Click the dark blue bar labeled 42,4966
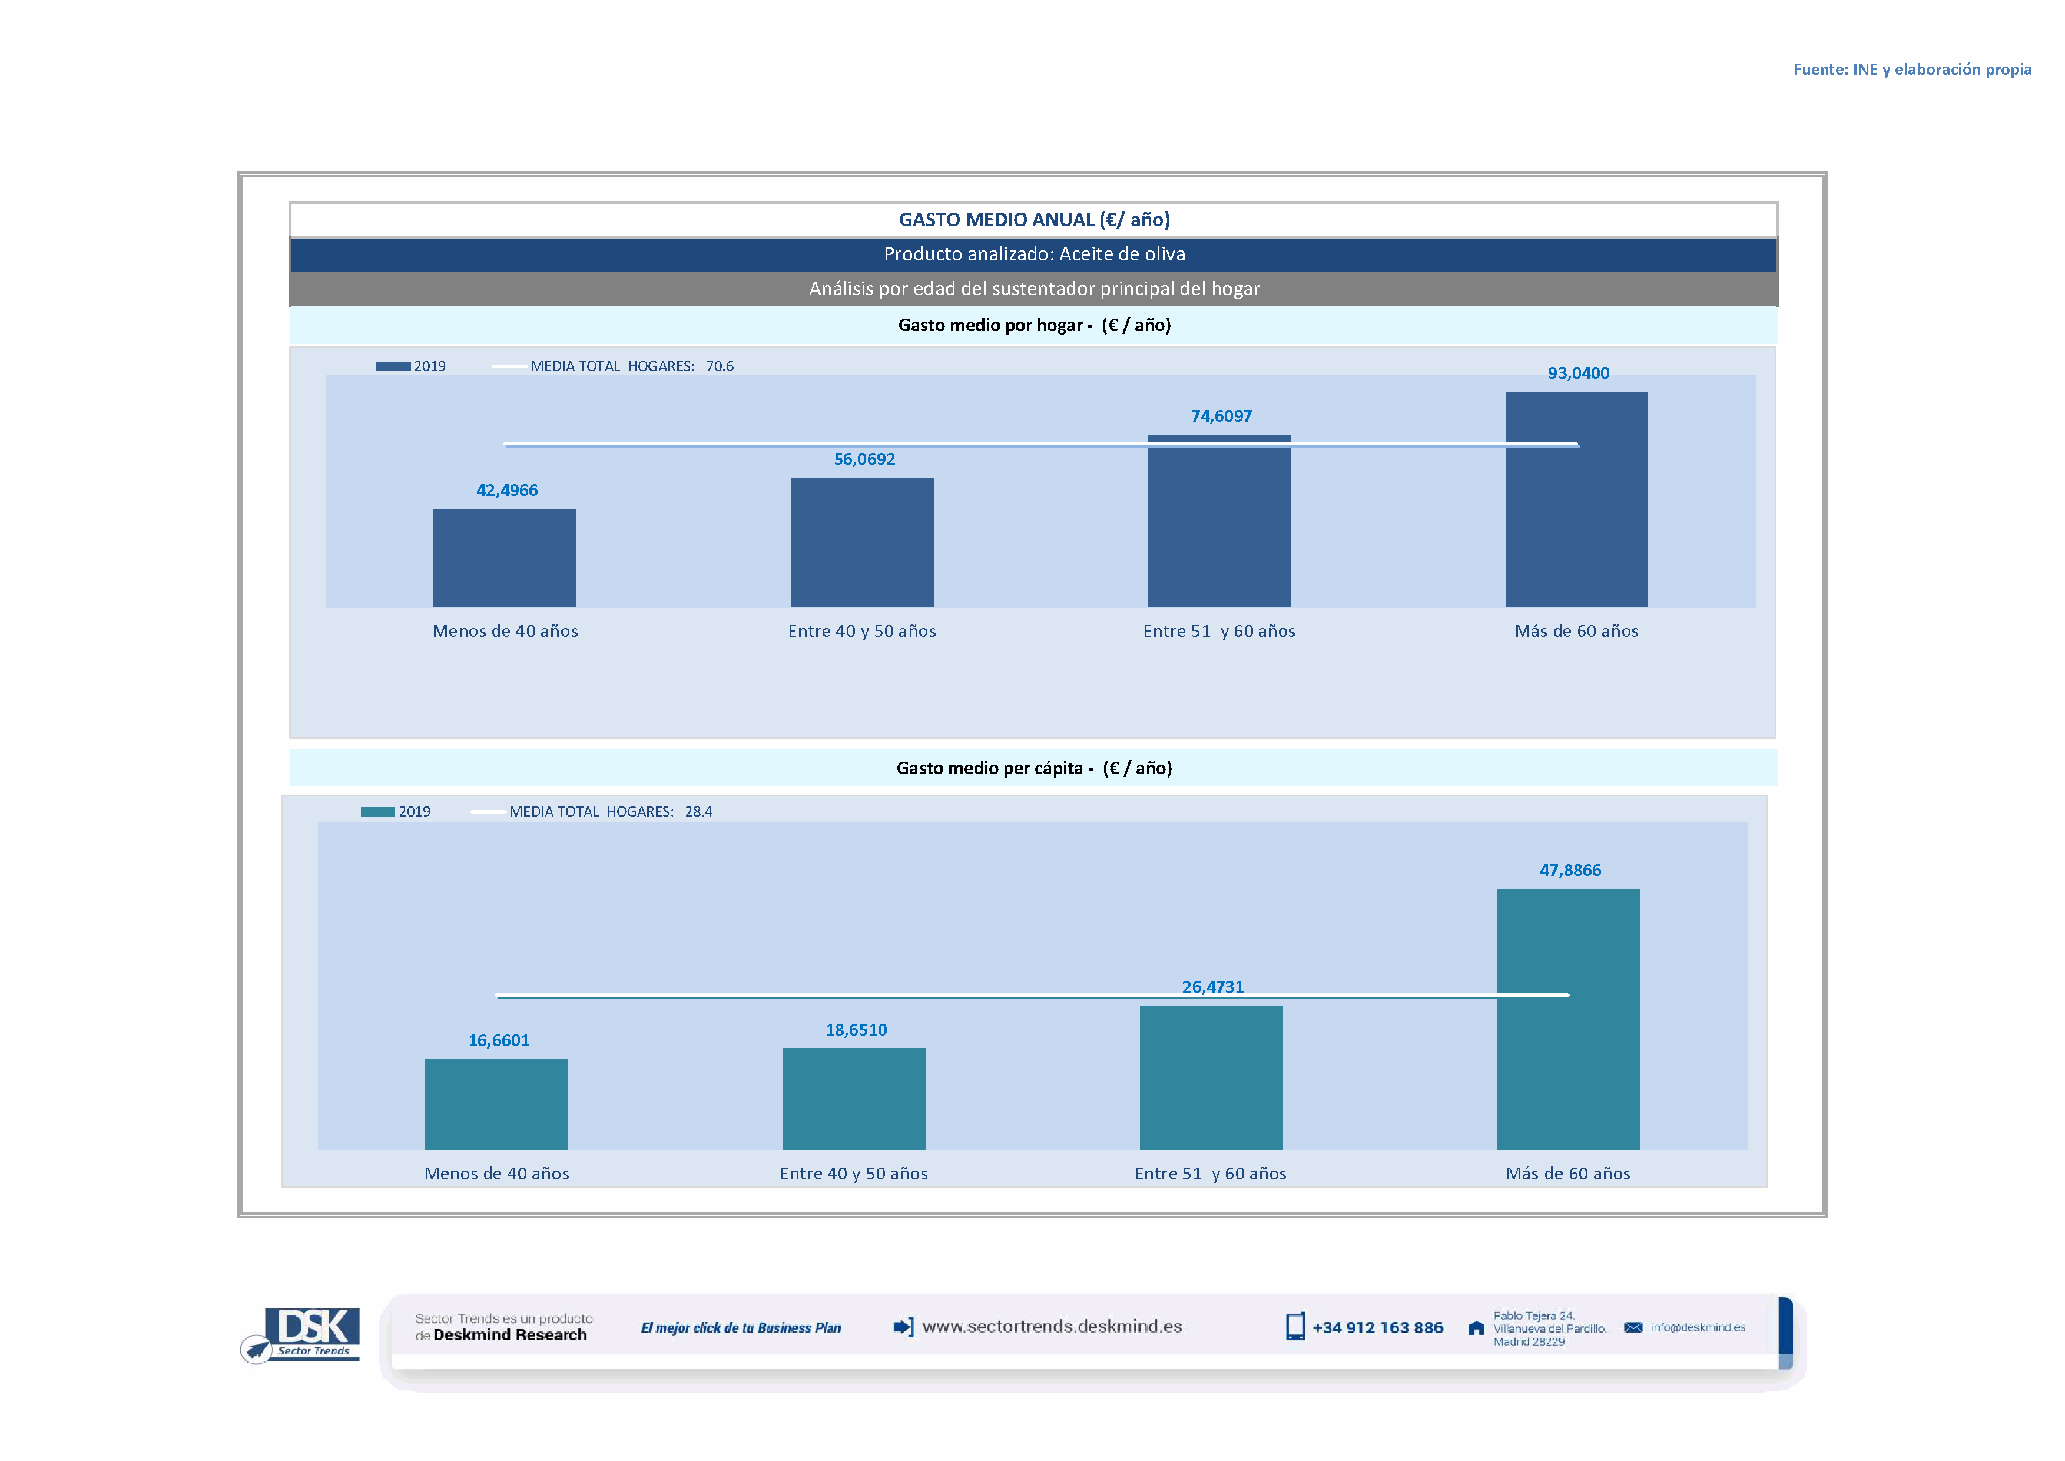(x=505, y=558)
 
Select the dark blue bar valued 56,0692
(x=861, y=543)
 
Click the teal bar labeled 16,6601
(x=496, y=1104)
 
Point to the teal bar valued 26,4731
(x=1211, y=1077)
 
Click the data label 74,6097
(x=1221, y=417)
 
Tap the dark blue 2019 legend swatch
(x=393, y=366)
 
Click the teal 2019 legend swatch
(x=378, y=811)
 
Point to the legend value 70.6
(x=720, y=366)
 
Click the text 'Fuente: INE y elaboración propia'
(x=1912, y=70)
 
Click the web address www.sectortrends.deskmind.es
(x=1052, y=1326)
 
